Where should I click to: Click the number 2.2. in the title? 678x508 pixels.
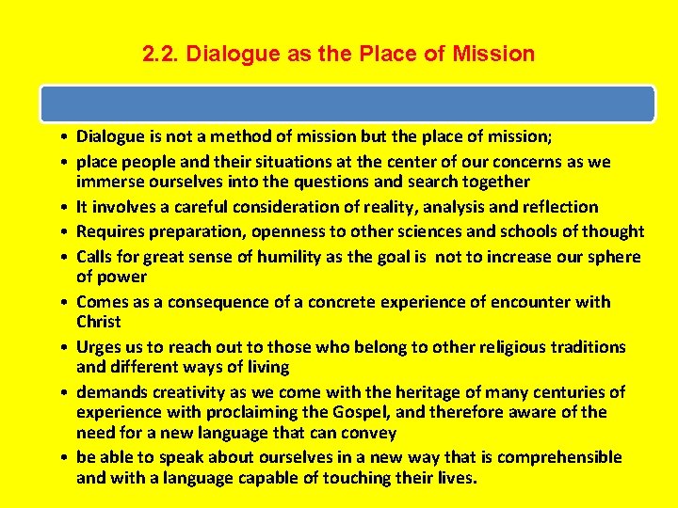click(x=161, y=54)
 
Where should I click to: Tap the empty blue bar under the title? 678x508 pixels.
click(x=347, y=103)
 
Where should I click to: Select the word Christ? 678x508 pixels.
click(x=100, y=322)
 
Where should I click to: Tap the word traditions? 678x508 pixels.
click(x=585, y=347)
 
